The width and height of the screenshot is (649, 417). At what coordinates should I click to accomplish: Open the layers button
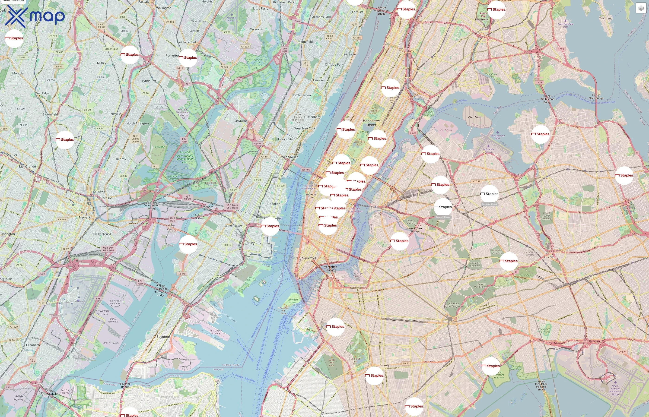click(641, 8)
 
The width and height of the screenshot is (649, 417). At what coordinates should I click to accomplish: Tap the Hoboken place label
click(274, 204)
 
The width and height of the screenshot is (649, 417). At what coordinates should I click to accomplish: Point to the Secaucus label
click(241, 121)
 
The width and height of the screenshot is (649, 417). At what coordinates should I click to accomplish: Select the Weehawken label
click(290, 157)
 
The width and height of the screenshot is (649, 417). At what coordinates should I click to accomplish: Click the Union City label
click(285, 139)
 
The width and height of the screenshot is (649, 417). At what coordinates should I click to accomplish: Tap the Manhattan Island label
click(371, 123)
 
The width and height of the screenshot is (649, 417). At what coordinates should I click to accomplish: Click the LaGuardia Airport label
click(488, 151)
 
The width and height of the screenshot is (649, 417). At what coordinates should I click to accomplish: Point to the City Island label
click(605, 18)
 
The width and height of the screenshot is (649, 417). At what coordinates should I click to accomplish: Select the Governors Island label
click(293, 301)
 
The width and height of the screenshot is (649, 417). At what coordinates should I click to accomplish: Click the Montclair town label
click(19, 73)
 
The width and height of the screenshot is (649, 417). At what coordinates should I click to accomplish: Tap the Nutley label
click(102, 63)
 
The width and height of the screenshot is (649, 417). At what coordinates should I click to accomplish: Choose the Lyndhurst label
click(149, 81)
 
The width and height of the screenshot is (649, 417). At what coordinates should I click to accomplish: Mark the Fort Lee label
click(358, 12)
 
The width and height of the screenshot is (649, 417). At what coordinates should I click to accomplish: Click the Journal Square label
click(233, 226)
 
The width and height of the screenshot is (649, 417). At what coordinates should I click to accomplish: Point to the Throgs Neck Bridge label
click(596, 97)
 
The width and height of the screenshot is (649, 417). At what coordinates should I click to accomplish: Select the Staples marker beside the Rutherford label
click(188, 58)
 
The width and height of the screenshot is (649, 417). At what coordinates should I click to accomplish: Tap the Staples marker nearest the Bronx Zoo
click(496, 10)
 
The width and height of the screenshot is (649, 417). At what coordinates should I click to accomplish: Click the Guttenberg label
click(312, 117)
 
